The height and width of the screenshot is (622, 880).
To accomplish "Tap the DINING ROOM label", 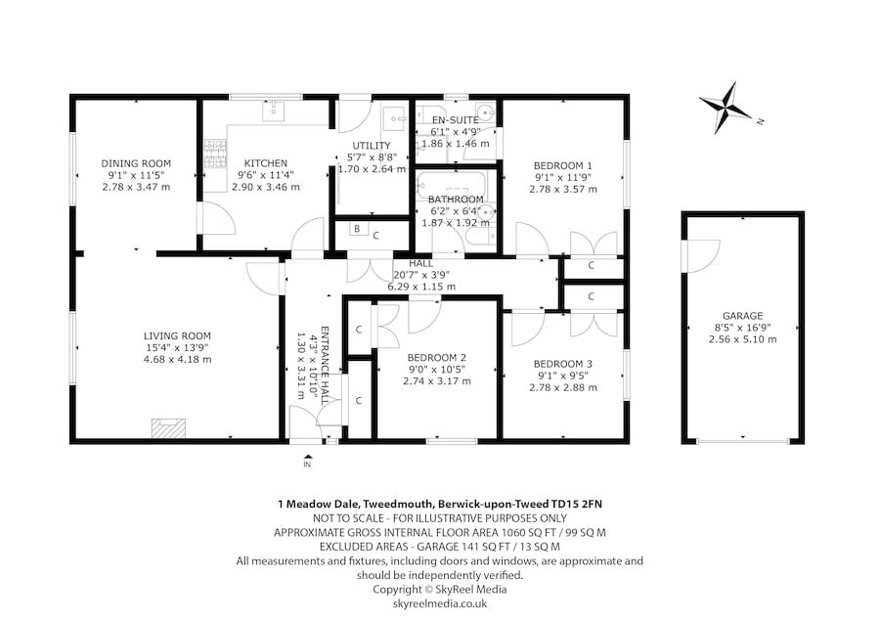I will (x=136, y=163).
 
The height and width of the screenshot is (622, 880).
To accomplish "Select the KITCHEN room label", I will (x=265, y=163).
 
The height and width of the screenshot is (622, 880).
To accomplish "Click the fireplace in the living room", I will (x=167, y=428).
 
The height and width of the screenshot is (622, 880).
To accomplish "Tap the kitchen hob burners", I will (x=213, y=152).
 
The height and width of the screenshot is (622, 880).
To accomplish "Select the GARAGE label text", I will (x=742, y=316).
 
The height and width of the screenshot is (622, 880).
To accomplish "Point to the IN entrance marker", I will (x=307, y=464).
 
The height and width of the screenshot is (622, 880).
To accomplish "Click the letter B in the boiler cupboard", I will (x=357, y=232).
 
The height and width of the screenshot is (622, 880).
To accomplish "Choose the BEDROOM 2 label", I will (x=436, y=357).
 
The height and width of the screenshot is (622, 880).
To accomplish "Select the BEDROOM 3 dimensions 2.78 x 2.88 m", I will (x=563, y=387).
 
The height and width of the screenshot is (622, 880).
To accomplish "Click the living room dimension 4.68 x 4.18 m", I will (x=177, y=359).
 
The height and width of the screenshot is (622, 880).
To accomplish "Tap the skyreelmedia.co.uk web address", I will (x=439, y=603).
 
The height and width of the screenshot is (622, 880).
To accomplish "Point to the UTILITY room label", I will (x=372, y=146).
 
